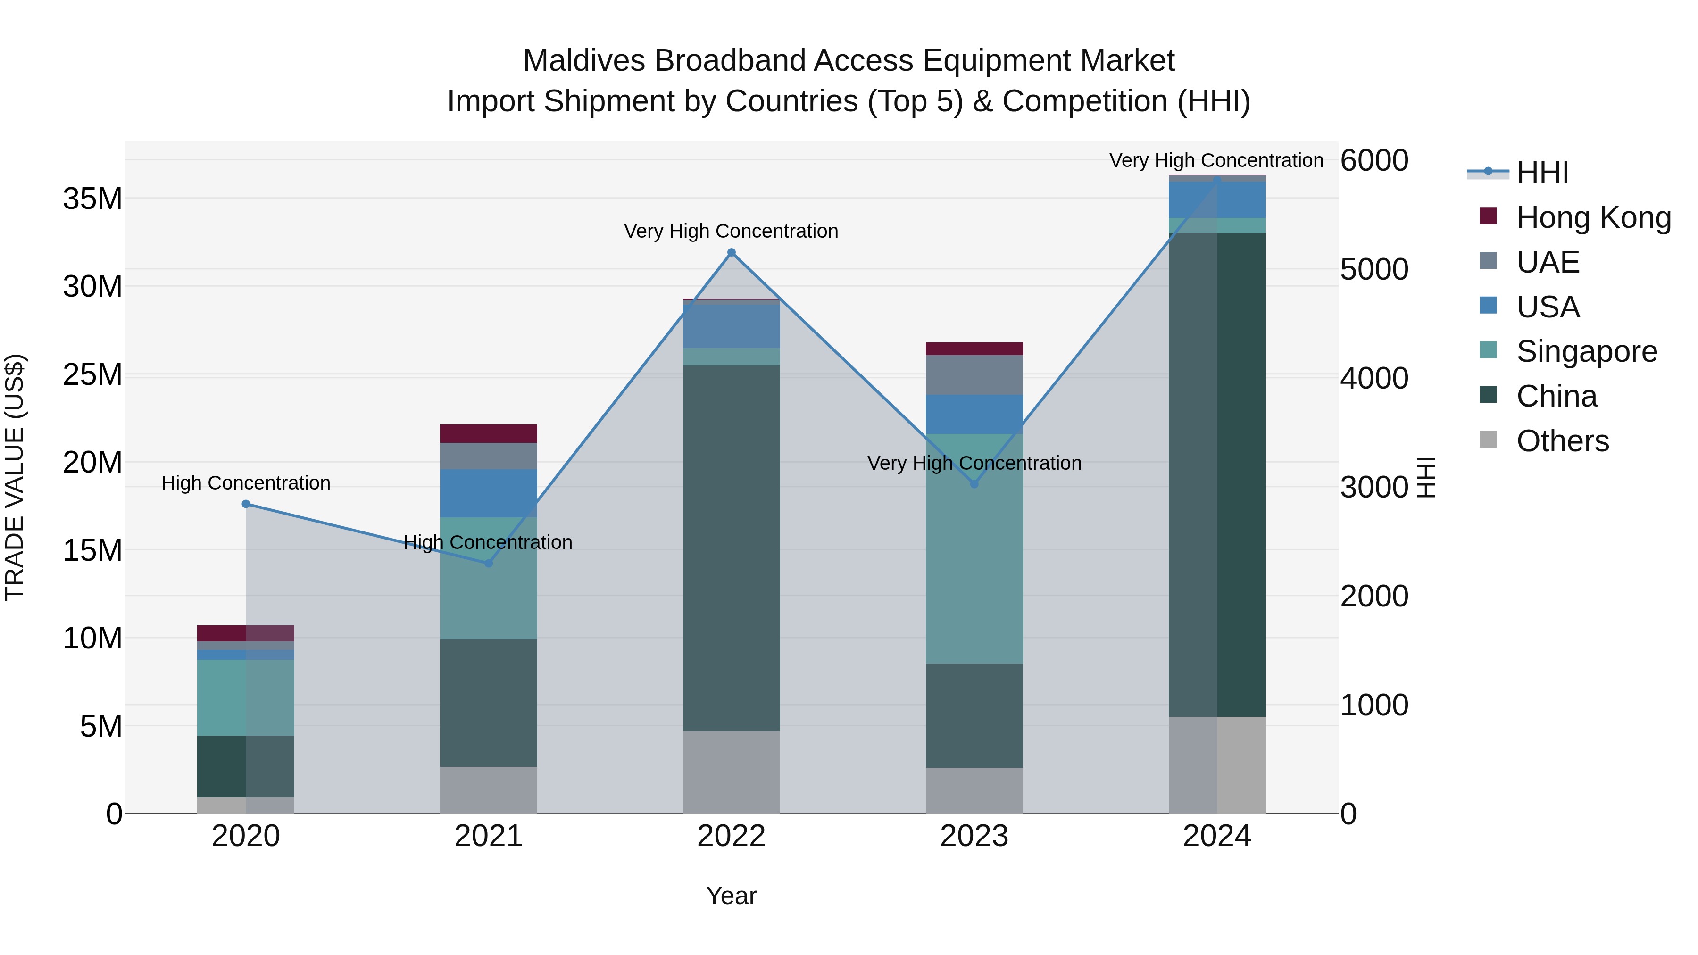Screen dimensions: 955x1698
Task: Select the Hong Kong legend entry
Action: click(x=1593, y=217)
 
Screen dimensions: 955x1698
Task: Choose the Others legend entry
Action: click(x=1562, y=441)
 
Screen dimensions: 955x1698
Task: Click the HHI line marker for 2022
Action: click(x=731, y=252)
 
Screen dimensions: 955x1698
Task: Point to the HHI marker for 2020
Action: click(x=246, y=504)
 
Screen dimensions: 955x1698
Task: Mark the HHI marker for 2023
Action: click(x=974, y=484)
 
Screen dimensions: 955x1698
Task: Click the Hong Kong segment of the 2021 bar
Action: click(x=489, y=434)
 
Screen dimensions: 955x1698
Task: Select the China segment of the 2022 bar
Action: click(x=731, y=547)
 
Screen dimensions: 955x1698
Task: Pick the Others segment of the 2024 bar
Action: click(x=1217, y=764)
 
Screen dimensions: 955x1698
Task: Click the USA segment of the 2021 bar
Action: click(x=489, y=493)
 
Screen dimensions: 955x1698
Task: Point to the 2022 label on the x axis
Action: click(x=731, y=836)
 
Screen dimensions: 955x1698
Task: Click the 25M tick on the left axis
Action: click(x=92, y=374)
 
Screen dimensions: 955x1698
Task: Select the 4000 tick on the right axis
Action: click(x=1374, y=378)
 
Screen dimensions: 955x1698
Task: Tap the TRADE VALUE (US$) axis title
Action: click(x=15, y=477)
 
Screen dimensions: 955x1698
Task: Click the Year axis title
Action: click(x=731, y=896)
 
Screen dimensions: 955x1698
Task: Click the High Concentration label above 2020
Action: click(x=246, y=483)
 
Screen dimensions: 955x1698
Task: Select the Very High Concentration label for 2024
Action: click(x=1216, y=161)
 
